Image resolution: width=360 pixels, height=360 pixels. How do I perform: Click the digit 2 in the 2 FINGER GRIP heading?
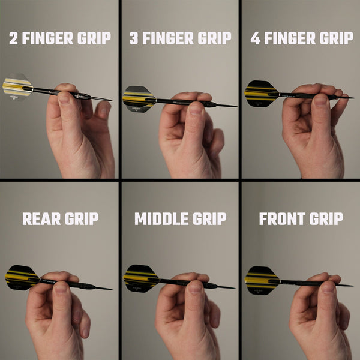click(14, 38)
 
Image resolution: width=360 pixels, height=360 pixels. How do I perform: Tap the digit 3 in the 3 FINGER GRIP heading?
click(134, 38)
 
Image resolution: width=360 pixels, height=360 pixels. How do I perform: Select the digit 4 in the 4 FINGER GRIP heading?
click(256, 38)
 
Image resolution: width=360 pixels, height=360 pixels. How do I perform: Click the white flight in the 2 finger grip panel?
click(17, 87)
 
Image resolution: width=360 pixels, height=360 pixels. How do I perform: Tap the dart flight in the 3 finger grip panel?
click(138, 98)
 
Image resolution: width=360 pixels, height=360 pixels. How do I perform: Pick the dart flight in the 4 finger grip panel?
click(260, 93)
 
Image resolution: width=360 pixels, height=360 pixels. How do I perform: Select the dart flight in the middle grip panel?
click(140, 278)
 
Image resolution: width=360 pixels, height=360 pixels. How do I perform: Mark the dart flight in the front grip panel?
click(262, 279)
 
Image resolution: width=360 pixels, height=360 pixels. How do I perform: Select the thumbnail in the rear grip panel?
click(61, 287)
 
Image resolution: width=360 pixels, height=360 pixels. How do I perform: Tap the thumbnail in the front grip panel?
click(328, 287)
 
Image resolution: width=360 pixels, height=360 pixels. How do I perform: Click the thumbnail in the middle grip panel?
click(194, 287)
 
